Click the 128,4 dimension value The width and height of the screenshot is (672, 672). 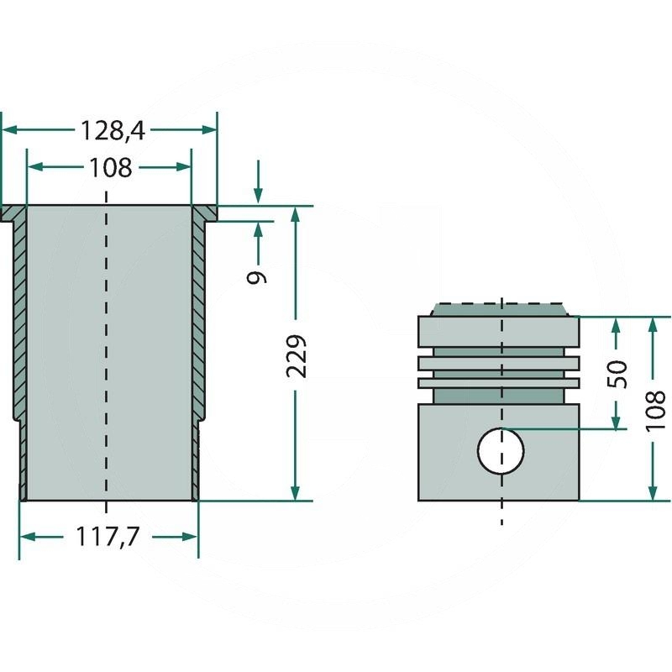click(113, 131)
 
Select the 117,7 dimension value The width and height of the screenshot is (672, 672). click(108, 537)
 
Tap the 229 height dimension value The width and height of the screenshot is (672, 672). click(297, 356)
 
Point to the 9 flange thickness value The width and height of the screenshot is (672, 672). click(257, 277)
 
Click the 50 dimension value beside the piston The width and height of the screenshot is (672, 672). click(617, 374)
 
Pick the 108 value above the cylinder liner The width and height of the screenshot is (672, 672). click(110, 168)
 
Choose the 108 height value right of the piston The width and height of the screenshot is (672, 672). click(654, 410)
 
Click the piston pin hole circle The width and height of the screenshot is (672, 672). click(501, 451)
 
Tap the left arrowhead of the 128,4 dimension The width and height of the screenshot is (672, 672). click(9, 129)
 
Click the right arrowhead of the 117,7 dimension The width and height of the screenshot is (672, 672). click(190, 537)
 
